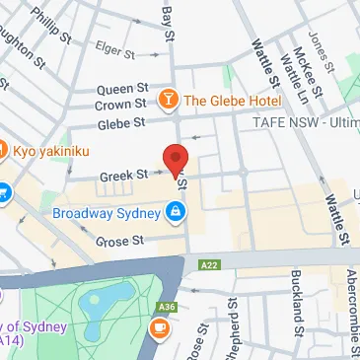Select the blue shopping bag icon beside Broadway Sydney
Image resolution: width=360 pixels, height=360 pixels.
pyautogui.click(x=175, y=210)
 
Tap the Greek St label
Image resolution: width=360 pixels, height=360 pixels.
pyautogui.click(x=123, y=177)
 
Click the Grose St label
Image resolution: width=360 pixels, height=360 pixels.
pyautogui.click(x=119, y=240)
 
